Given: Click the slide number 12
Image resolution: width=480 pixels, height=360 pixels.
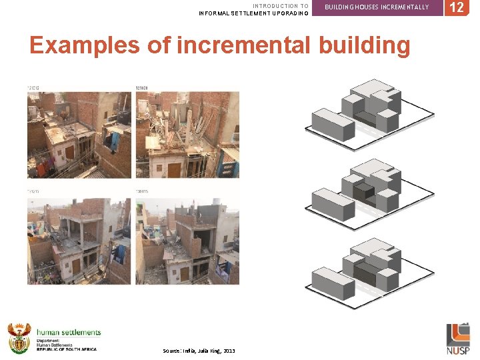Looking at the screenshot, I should click(x=457, y=7).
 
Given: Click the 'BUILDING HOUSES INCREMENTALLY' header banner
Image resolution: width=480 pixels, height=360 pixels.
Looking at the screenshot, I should click(x=377, y=7).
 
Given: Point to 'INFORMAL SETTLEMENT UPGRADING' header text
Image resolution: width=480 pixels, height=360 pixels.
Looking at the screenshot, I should click(x=254, y=13).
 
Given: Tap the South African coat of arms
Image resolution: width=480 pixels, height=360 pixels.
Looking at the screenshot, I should click(x=19, y=338).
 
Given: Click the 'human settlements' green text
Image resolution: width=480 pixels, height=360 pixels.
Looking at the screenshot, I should click(x=69, y=332).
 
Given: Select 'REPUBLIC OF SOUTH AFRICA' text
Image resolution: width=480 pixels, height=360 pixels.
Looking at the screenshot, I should click(x=67, y=349).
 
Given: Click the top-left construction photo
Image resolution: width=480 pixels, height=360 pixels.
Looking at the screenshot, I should click(x=80, y=133).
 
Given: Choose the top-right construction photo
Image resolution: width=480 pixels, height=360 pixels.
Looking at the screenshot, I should click(x=187, y=133).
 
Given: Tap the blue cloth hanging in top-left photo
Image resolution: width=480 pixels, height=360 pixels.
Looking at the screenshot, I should click(x=115, y=141).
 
